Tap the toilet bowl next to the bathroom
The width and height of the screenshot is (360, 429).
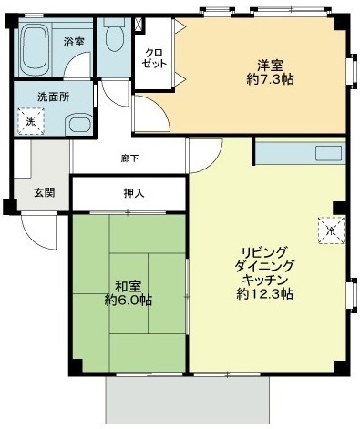pyautogui.click(x=115, y=37)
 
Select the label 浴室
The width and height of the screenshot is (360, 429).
pyautogui.click(x=74, y=42)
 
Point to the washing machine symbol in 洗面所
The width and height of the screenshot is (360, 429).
pyautogui.click(x=30, y=120)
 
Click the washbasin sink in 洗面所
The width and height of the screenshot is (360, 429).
pyautogui.click(x=77, y=125)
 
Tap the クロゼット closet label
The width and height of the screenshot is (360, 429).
pyautogui.click(x=152, y=59)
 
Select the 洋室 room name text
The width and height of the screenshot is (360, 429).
pyautogui.click(x=269, y=66)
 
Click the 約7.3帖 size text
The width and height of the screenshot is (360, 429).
pyautogui.click(x=269, y=81)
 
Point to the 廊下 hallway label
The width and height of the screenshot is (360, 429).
pyautogui.click(x=129, y=158)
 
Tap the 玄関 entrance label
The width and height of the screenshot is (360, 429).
pyautogui.click(x=44, y=191)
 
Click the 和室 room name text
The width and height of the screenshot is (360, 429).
pyautogui.click(x=127, y=283)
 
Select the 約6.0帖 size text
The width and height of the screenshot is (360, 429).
pyautogui.click(x=127, y=300)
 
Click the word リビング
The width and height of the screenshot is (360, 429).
pyautogui.click(x=264, y=250)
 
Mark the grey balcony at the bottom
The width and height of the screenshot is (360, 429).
pyautogui.click(x=188, y=400)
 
